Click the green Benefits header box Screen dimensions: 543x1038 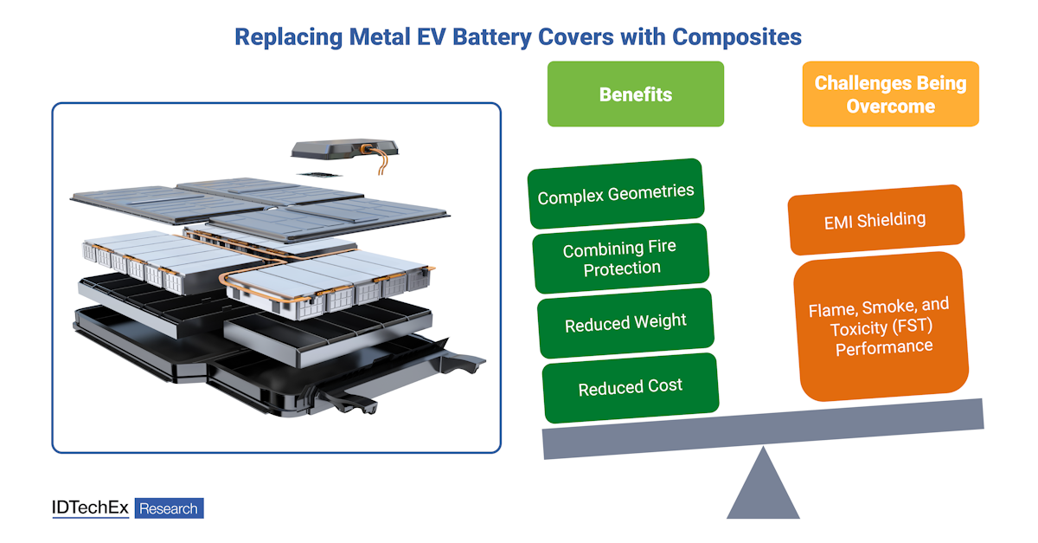pos(635,94)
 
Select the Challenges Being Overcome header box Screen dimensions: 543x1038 pos(890,94)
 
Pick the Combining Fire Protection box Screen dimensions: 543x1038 pos(619,257)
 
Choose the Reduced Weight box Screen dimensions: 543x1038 pos(625,323)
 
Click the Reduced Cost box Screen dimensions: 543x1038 pos(630,387)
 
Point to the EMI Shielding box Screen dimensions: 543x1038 pos(875,220)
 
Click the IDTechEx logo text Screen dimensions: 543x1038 pos(90,508)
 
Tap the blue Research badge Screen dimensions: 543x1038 pos(169,508)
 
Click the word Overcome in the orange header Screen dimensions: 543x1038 pos(890,107)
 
